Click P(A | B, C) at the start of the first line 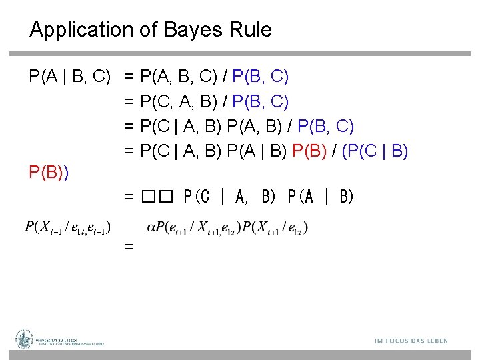coord(69,77)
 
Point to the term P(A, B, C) coord(179,77)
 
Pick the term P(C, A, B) coord(179,102)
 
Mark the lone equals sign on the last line coord(129,247)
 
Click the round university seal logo coord(25,339)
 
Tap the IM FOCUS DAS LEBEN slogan coord(411,341)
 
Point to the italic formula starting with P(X coord(68,227)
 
